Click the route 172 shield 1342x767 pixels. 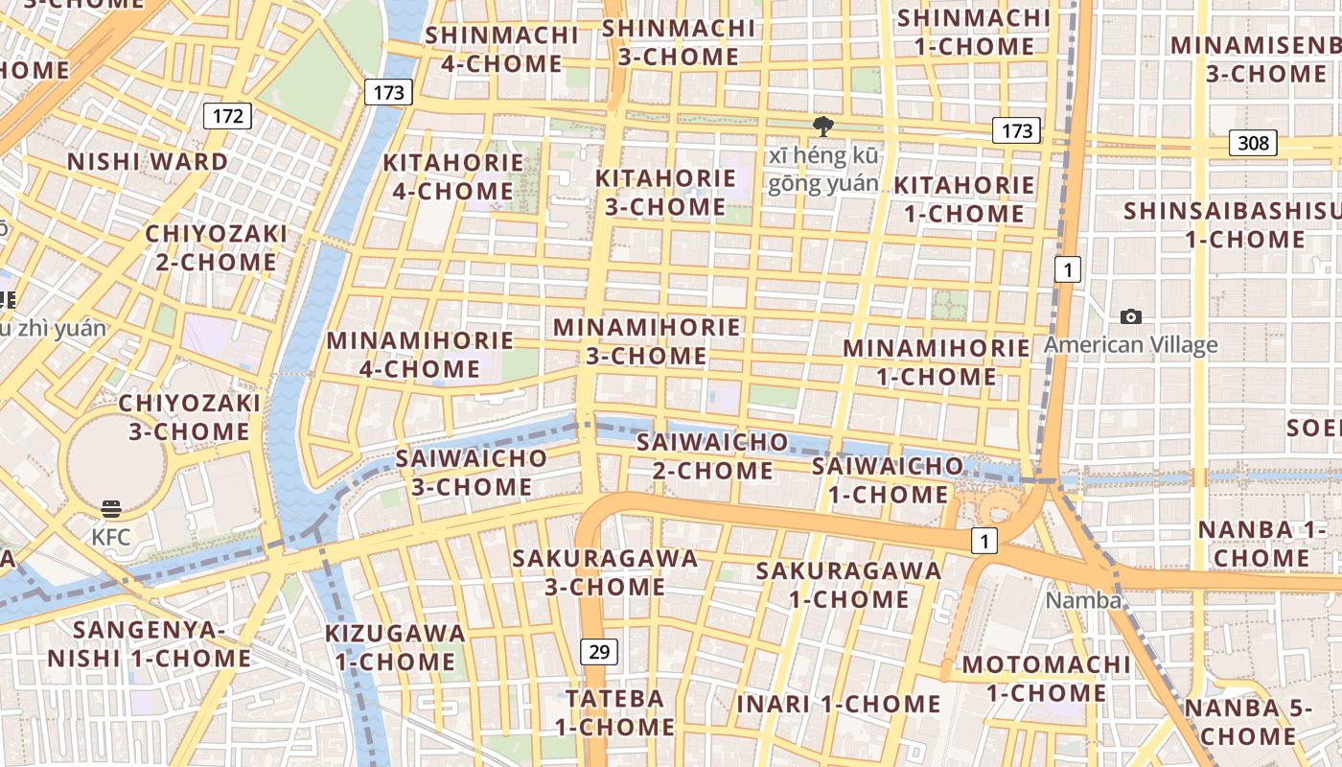click(x=227, y=117)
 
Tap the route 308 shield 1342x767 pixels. click(x=1253, y=144)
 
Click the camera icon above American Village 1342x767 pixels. click(x=1131, y=316)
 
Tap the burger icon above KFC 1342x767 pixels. click(x=111, y=508)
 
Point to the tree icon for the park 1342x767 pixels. click(x=822, y=127)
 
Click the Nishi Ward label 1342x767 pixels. click(x=148, y=161)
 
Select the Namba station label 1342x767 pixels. click(x=1083, y=600)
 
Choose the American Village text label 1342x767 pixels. click(x=1131, y=345)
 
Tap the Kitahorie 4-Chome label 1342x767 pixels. click(x=453, y=176)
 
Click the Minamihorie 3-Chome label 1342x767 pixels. click(x=647, y=341)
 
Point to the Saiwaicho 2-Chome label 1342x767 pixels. click(x=712, y=456)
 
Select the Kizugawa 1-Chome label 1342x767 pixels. click(x=395, y=647)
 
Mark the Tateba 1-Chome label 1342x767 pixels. click(x=614, y=712)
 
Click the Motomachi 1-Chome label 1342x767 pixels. click(x=1046, y=679)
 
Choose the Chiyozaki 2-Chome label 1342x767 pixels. click(x=216, y=248)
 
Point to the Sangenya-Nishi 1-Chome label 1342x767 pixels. click(x=149, y=644)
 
